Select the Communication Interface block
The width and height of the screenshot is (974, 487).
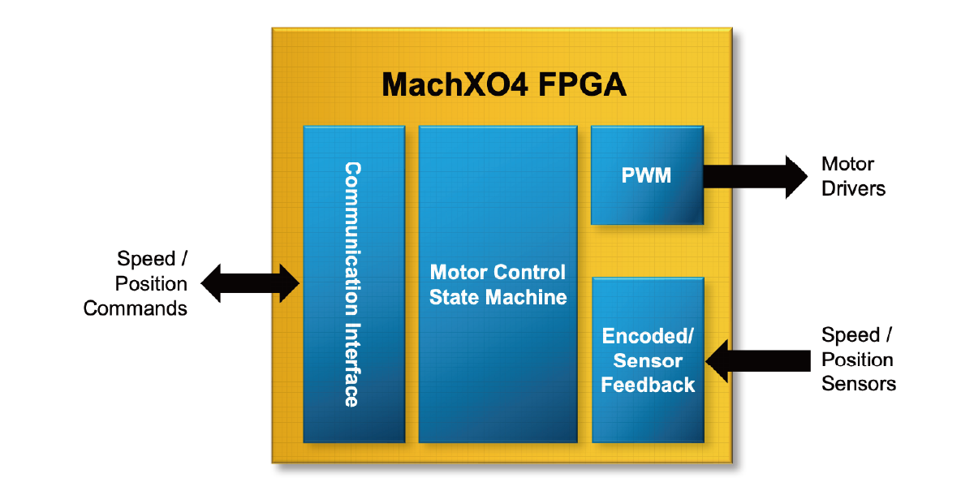[354, 283]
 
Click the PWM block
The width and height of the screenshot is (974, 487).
[647, 175]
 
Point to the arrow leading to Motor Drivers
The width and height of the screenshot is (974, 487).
[755, 175]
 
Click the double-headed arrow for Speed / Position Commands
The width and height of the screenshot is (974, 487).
[251, 283]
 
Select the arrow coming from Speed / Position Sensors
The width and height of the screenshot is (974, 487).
[759, 360]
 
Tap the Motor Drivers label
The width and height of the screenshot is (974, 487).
[852, 176]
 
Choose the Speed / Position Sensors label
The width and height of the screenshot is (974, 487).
[858, 360]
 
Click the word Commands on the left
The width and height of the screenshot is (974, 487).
[136, 308]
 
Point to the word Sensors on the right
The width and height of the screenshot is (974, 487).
[859, 384]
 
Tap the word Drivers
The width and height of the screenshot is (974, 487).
[853, 189]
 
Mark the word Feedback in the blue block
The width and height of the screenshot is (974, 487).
[648, 385]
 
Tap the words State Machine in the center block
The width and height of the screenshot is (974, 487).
[498, 297]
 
